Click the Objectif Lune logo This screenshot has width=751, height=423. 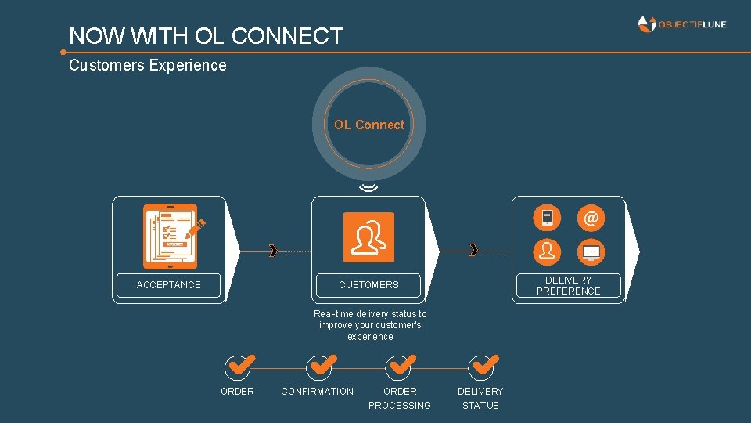tap(682, 24)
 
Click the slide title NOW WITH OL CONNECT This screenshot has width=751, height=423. tap(206, 36)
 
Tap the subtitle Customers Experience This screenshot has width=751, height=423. tap(148, 65)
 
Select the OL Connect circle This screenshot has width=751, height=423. tap(369, 125)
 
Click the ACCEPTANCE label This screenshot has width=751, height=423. tap(168, 285)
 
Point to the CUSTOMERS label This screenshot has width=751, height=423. tap(368, 285)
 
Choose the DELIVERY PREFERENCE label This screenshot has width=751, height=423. tap(569, 285)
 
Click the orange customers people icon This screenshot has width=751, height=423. tap(368, 237)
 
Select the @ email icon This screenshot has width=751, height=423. tap(591, 218)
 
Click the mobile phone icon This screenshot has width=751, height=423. tap(547, 218)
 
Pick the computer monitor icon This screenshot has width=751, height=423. tap(591, 251)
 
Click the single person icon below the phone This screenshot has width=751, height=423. tap(547, 251)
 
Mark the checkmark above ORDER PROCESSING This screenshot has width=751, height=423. tap(401, 366)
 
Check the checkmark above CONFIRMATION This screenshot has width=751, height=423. tap(319, 366)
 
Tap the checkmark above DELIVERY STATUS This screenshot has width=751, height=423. tap(482, 366)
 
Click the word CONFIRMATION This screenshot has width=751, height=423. tap(317, 391)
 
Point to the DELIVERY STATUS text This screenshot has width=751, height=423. tap(480, 398)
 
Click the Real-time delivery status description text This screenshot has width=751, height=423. tap(370, 325)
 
